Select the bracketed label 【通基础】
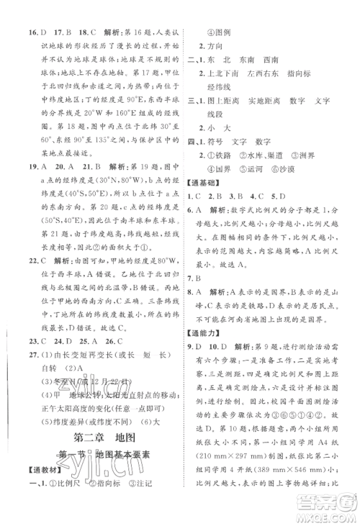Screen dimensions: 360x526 [x=203, y=183]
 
